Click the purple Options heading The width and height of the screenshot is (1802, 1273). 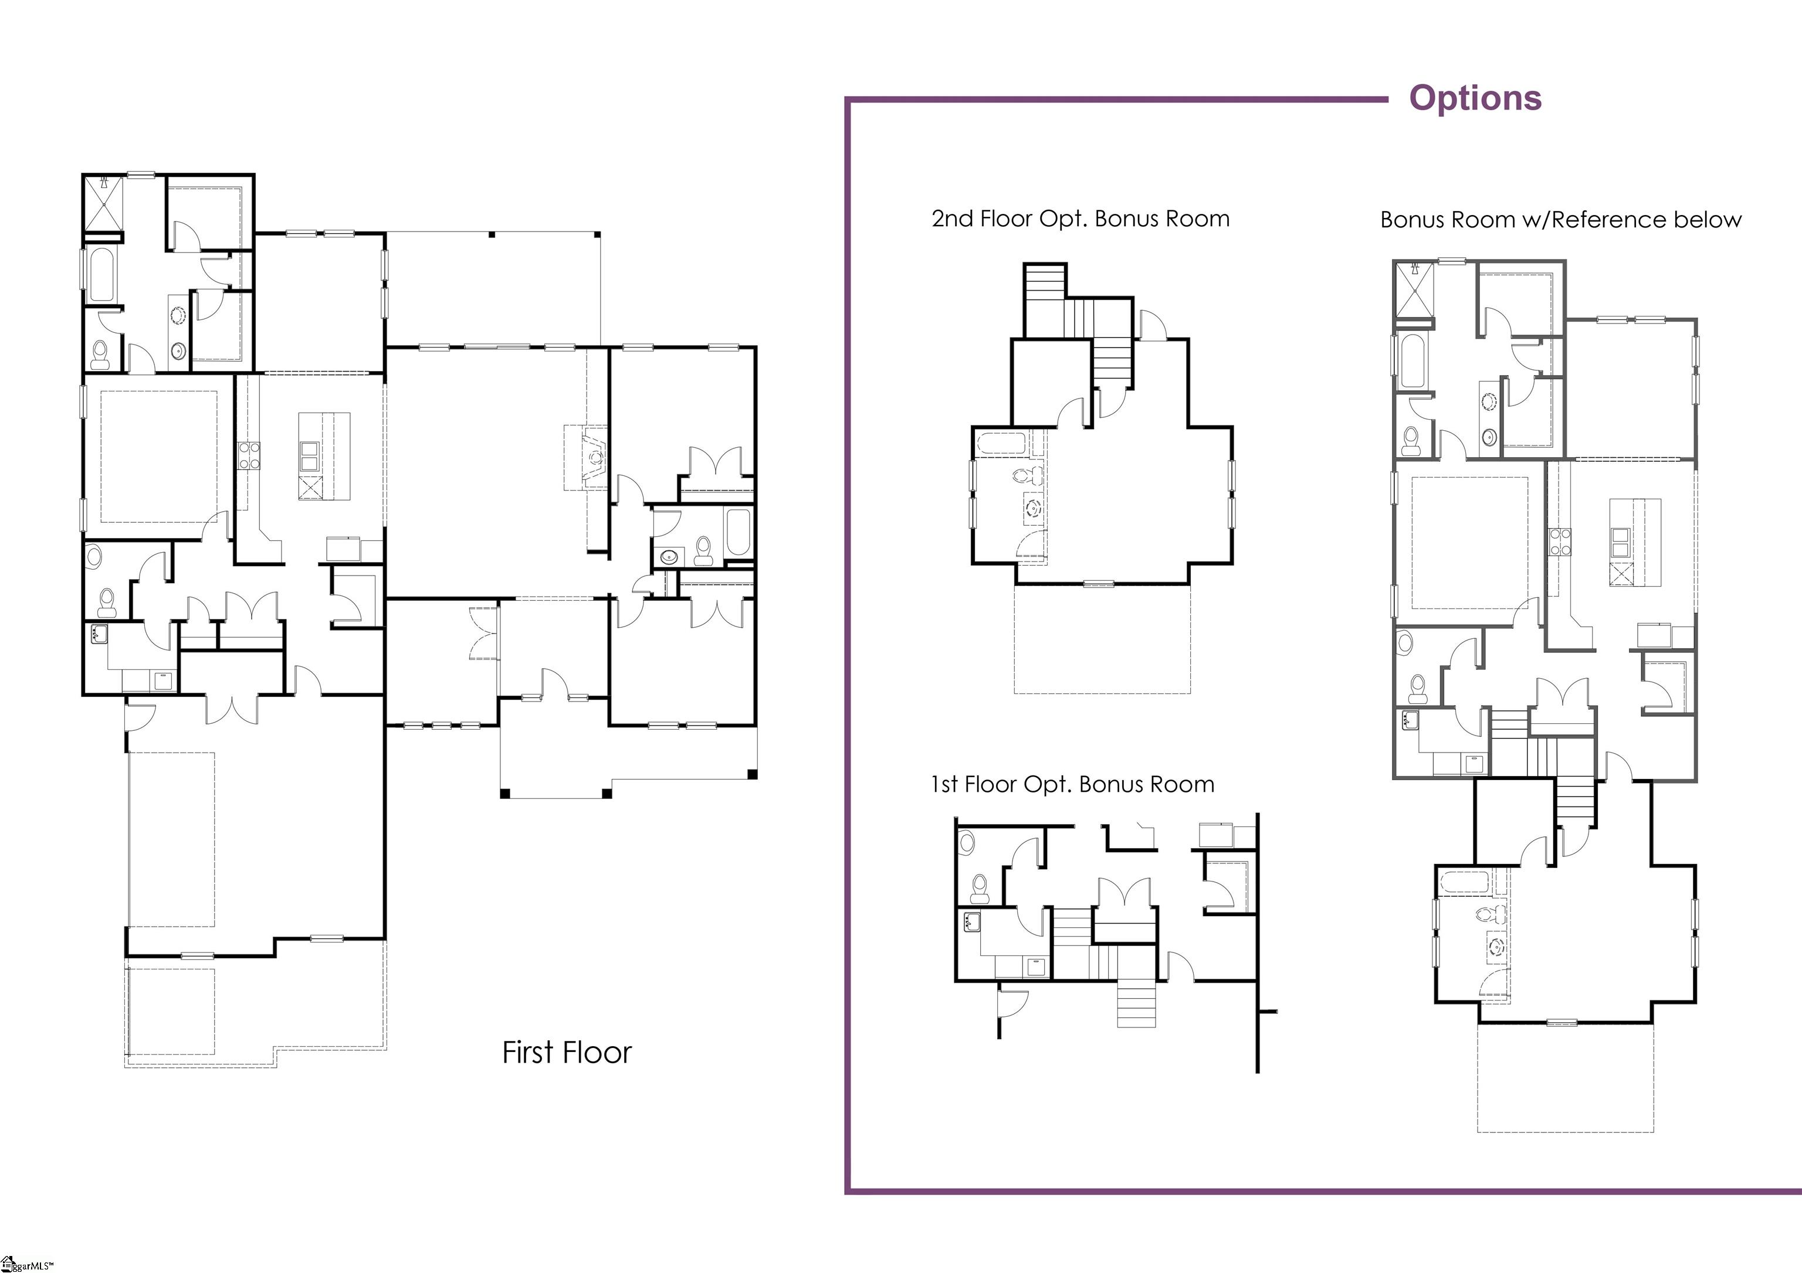[1475, 98]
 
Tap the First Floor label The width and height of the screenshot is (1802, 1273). [567, 1053]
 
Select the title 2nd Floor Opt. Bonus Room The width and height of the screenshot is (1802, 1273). [1080, 219]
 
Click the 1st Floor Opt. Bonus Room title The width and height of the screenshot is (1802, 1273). [1073, 784]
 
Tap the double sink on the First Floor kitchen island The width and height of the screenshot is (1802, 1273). [309, 456]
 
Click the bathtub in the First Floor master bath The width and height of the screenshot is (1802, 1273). [103, 274]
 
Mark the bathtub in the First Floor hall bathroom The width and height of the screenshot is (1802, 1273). [738, 533]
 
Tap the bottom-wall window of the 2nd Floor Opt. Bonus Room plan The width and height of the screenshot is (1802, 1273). [1099, 583]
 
